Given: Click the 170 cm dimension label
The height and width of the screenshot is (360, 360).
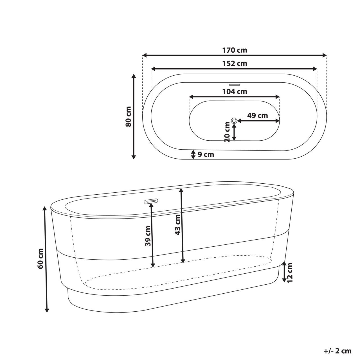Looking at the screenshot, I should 235,50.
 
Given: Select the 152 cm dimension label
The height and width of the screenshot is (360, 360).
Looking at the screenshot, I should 235,64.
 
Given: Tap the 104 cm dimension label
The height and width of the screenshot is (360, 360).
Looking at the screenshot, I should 235,92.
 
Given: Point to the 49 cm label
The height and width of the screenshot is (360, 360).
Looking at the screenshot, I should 257,116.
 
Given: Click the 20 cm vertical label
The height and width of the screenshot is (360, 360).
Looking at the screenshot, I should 227,132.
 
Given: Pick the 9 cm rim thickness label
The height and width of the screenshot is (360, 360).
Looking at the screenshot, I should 206,155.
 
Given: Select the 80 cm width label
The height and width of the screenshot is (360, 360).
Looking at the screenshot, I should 128,116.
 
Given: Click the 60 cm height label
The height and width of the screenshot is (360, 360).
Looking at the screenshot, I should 40,258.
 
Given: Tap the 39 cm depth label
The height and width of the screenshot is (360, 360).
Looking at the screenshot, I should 148,236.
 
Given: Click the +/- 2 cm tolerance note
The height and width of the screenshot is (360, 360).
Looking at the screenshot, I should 337,351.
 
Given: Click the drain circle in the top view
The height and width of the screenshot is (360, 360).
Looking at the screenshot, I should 234,121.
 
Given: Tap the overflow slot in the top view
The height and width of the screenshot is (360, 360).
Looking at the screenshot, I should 234,84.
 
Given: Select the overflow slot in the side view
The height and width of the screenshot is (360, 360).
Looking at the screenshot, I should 151,201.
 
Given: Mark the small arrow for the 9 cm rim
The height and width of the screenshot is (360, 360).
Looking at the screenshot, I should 193,154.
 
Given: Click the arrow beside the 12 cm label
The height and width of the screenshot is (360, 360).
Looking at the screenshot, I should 284,272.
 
